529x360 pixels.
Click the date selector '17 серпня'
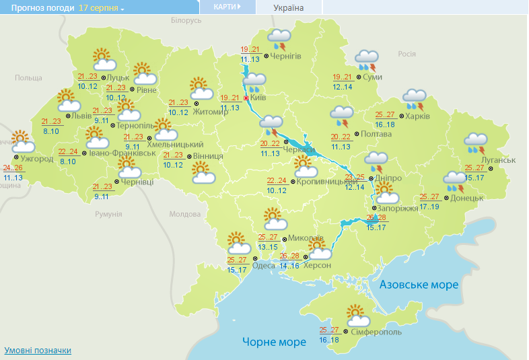tap(102, 8)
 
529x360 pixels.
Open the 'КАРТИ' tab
tap(227, 7)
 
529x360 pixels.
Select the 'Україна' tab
tap(288, 8)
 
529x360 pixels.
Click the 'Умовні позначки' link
tap(38, 350)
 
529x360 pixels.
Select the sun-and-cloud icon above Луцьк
tap(104, 60)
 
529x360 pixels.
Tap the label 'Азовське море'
tap(419, 285)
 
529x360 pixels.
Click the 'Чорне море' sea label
tap(274, 342)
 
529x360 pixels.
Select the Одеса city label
tap(263, 265)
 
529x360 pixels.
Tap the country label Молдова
tap(185, 214)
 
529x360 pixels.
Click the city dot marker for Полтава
tap(357, 134)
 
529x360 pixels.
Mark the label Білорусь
tap(186, 21)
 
